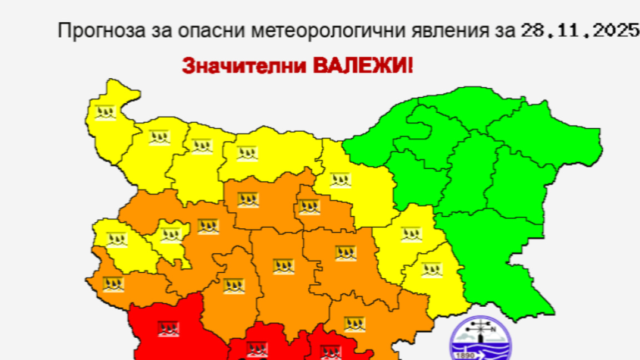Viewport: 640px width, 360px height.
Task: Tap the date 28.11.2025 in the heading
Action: click(580, 31)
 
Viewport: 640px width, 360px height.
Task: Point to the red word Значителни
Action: click(244, 67)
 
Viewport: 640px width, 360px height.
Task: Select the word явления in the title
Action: click(447, 31)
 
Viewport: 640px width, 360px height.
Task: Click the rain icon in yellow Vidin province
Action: click(104, 113)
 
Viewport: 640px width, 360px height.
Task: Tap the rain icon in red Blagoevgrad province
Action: click(168, 329)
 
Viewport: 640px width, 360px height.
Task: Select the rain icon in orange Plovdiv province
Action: click(283, 267)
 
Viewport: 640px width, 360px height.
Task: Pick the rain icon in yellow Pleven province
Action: click(247, 153)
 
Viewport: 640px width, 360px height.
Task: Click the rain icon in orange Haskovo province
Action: click(354, 323)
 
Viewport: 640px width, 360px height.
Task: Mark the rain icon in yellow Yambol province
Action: click(432, 270)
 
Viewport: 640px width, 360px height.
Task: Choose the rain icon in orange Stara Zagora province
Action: click(345, 253)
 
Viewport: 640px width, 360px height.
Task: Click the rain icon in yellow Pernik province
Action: click(117, 239)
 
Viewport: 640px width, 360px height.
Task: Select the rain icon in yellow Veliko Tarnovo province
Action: click(340, 180)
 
